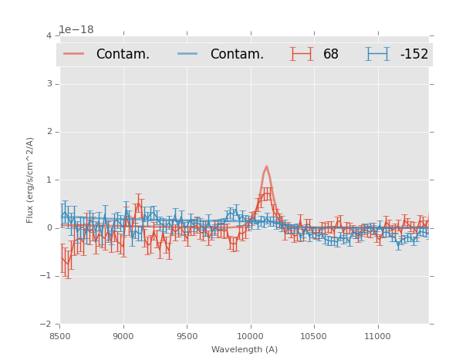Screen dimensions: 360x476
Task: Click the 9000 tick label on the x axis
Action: coord(123,336)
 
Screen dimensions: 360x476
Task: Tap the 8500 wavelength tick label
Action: coord(60,336)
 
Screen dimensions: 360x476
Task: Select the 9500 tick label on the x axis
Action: coord(187,336)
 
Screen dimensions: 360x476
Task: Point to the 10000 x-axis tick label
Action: coord(250,336)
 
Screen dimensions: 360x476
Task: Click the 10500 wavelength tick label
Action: coord(314,336)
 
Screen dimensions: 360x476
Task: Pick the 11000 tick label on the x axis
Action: coord(377,336)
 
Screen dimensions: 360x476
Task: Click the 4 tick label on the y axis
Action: coord(49,36)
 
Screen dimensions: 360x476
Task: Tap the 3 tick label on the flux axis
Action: coord(49,84)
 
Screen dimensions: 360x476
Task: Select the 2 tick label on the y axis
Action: coord(49,132)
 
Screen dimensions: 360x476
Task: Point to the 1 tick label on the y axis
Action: coord(49,180)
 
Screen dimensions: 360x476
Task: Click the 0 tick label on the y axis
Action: coord(49,228)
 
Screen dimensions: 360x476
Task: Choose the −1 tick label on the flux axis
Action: coord(46,276)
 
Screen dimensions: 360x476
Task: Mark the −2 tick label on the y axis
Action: coord(46,324)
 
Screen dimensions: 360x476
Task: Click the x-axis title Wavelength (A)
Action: coord(245,350)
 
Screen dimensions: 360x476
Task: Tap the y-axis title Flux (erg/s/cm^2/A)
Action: coord(31,180)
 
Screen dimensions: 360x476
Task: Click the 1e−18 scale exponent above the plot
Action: coord(76,30)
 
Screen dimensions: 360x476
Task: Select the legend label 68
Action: coord(331,55)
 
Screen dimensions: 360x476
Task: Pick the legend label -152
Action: coord(414,55)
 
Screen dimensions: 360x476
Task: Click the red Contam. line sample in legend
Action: coord(74,54)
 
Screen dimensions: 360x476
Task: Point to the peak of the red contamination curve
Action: coord(266,167)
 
